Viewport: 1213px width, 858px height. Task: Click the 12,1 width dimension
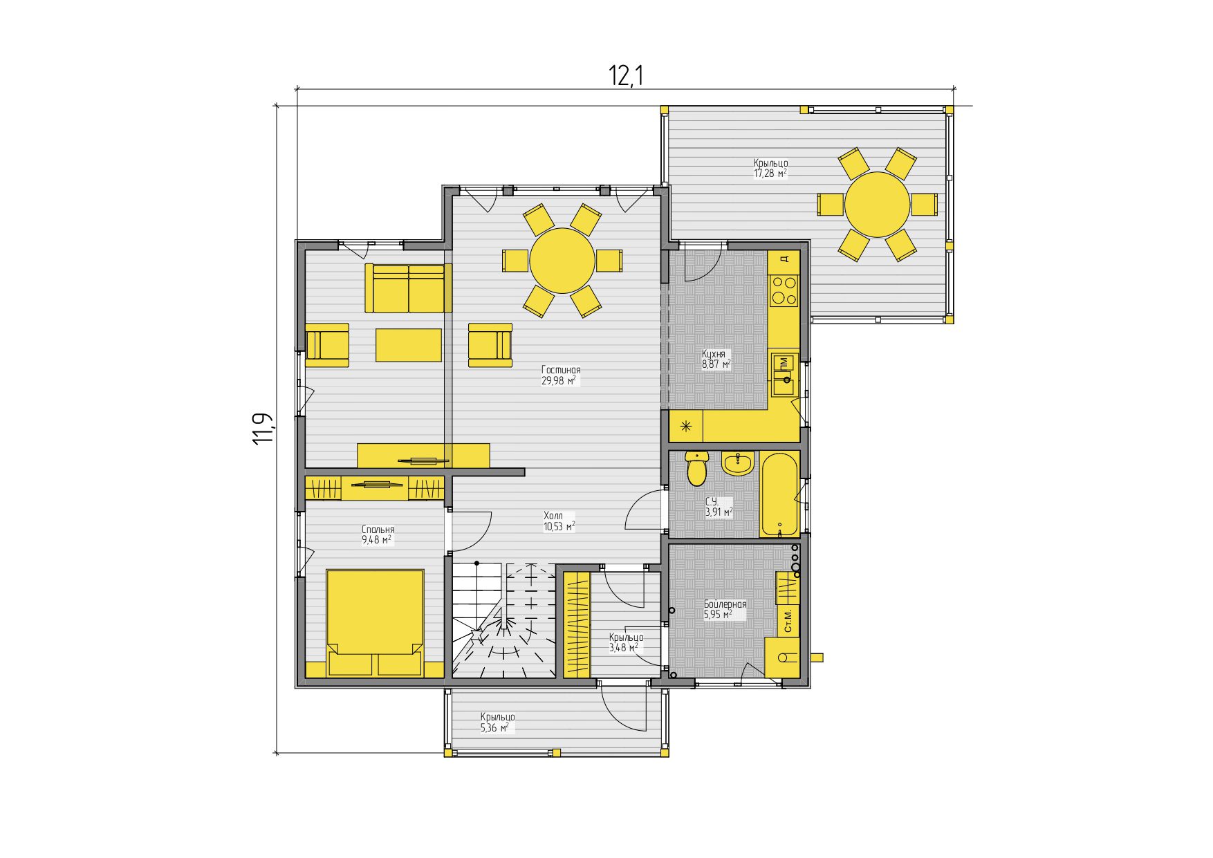pyautogui.click(x=626, y=75)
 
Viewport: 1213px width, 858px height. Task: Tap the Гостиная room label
pyautogui.click(x=561, y=370)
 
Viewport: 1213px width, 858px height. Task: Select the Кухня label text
pyautogui.click(x=714, y=353)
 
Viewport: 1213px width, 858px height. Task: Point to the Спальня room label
pyautogui.click(x=378, y=530)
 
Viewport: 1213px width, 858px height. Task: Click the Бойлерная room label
pyautogui.click(x=725, y=604)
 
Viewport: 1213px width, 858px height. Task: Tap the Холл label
pyautogui.click(x=553, y=516)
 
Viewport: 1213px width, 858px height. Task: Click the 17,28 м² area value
pyautogui.click(x=770, y=174)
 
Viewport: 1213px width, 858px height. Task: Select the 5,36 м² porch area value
pyautogui.click(x=495, y=727)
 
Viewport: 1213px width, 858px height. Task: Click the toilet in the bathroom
pyautogui.click(x=697, y=468)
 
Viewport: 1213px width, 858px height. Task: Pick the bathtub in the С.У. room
pyautogui.click(x=779, y=494)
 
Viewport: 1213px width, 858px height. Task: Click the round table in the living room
pyautogui.click(x=562, y=261)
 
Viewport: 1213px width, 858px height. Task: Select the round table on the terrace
pyautogui.click(x=877, y=205)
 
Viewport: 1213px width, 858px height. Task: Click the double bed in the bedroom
pyautogui.click(x=375, y=622)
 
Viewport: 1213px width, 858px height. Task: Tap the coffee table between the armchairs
pyautogui.click(x=409, y=345)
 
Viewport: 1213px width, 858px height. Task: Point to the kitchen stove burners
pyautogui.click(x=784, y=290)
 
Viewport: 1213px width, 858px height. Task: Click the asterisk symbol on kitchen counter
pyautogui.click(x=687, y=426)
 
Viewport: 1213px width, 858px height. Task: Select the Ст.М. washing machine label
pyautogui.click(x=788, y=621)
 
